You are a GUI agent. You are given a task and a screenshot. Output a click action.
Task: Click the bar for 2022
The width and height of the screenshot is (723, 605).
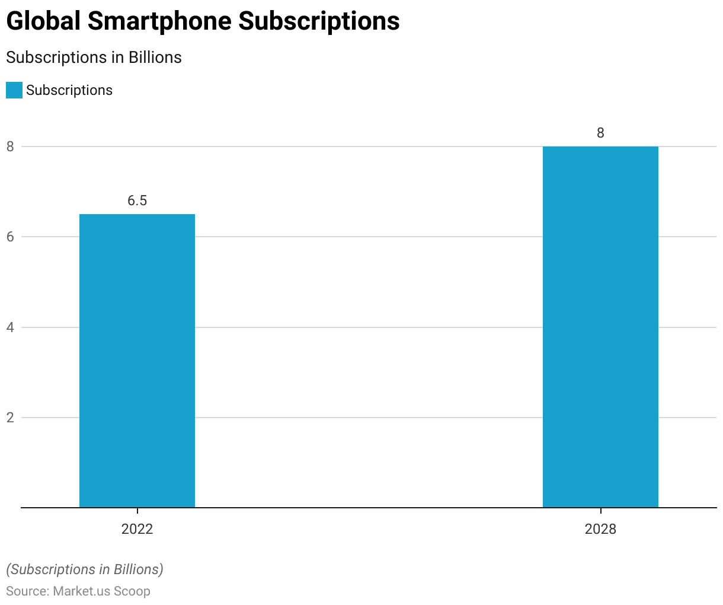[x=137, y=361]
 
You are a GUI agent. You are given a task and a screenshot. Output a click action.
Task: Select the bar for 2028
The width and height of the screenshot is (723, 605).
[x=600, y=327]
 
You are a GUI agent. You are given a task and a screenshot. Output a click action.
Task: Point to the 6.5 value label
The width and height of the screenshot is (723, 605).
[x=137, y=200]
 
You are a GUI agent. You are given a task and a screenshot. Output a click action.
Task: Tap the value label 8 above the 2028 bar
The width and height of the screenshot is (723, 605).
[x=600, y=133]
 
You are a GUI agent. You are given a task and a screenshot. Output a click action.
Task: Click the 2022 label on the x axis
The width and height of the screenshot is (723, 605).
[x=137, y=529]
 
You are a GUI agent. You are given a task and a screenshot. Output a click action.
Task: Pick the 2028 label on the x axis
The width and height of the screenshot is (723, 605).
[x=600, y=529]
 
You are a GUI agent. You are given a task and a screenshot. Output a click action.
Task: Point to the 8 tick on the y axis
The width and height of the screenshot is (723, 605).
[x=11, y=147]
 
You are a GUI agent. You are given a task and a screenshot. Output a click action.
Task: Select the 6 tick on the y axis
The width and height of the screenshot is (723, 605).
[x=11, y=237]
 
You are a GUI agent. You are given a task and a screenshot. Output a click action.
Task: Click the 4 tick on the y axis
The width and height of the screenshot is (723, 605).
[x=11, y=327]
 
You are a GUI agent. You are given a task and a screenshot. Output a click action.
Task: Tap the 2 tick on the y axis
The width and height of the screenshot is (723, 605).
[x=11, y=418]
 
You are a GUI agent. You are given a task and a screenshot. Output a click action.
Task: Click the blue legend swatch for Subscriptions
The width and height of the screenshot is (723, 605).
[x=14, y=90]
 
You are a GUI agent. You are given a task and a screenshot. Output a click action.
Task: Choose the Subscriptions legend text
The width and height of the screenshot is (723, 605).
[x=69, y=90]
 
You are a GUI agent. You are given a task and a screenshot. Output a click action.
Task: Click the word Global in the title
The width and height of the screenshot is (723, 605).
[x=43, y=21]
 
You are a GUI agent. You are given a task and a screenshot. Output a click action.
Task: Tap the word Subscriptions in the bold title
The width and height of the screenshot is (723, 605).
[x=319, y=21]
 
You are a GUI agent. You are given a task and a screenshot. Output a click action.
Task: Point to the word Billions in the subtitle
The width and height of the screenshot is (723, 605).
[x=155, y=58]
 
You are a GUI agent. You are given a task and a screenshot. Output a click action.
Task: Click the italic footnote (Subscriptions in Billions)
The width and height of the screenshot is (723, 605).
[x=85, y=569]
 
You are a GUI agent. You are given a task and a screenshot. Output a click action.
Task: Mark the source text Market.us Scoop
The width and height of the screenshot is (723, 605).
[x=101, y=591]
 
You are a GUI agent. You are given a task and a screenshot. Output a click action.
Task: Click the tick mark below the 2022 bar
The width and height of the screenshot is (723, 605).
[x=137, y=511]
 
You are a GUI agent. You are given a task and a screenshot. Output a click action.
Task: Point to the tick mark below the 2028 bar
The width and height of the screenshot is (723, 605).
[x=600, y=511]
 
